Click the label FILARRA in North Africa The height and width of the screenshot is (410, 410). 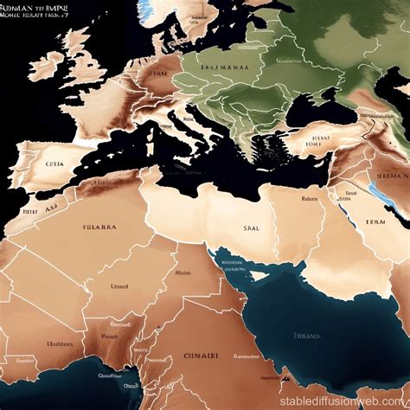pos(100,229)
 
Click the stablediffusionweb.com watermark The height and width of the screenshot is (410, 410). pos(346,400)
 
